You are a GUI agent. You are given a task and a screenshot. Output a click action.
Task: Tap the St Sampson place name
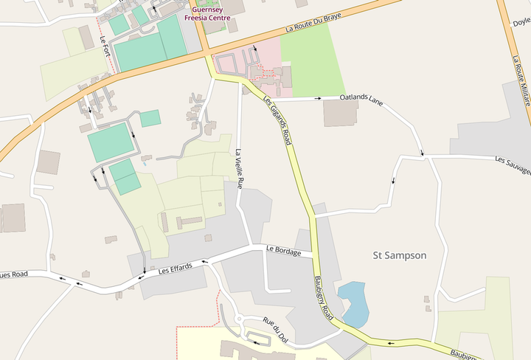point(399,255)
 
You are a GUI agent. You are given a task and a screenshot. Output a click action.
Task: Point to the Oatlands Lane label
point(362,97)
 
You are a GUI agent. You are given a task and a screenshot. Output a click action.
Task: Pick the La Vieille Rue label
point(239,170)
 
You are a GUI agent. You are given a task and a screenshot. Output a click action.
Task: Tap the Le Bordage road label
point(283,252)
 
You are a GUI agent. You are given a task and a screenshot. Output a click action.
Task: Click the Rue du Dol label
point(274,330)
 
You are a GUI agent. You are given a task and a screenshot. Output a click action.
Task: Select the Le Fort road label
point(105,50)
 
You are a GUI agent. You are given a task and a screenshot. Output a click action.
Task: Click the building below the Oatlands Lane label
point(340,112)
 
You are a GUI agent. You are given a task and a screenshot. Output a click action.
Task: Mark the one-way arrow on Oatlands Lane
point(319,97)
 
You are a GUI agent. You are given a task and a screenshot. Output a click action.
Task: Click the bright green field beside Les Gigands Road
point(313,59)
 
